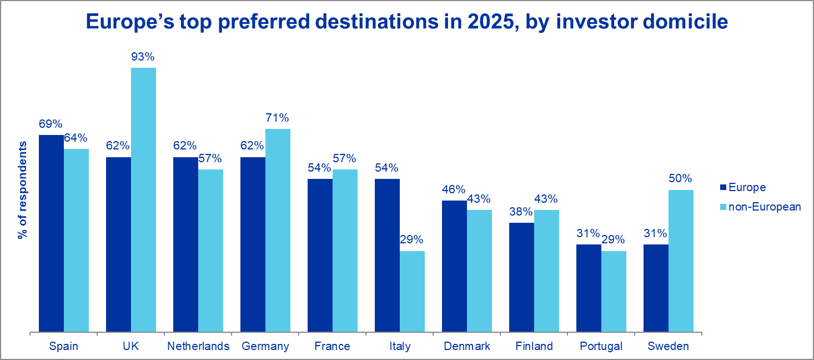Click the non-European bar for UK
click(143, 200)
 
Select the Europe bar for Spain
click(51, 233)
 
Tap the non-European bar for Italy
click(412, 292)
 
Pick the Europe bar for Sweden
click(656, 288)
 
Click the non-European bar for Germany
click(278, 231)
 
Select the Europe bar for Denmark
click(454, 267)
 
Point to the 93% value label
click(143, 57)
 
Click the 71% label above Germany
click(277, 118)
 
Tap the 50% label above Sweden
click(681, 179)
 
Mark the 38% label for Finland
click(521, 212)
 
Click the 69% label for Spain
click(51, 124)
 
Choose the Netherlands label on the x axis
click(198, 347)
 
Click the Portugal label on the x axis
click(601, 347)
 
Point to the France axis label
click(332, 347)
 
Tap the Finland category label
click(534, 347)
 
